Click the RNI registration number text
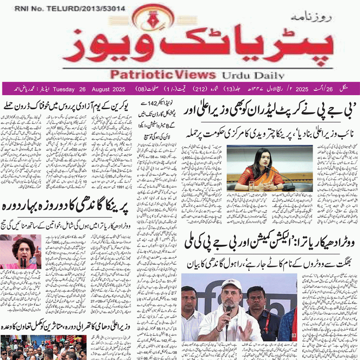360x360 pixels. (70, 9)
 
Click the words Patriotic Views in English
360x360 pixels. (162, 75)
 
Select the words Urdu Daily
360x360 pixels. (252, 75)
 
